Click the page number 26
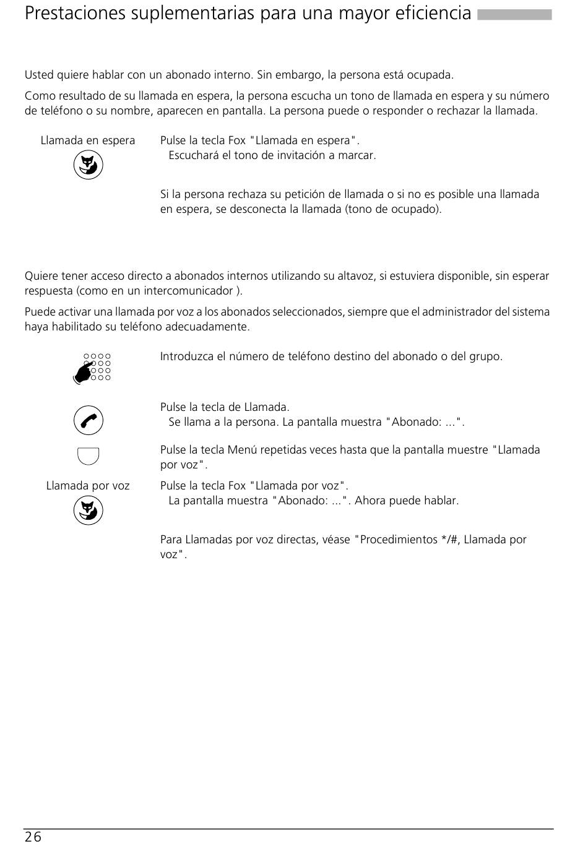(x=33, y=837)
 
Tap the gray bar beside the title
(x=514, y=15)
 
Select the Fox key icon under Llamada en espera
(x=88, y=166)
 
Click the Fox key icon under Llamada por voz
(x=88, y=511)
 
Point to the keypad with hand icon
(x=92, y=368)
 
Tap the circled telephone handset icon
(x=88, y=421)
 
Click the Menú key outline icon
(x=88, y=455)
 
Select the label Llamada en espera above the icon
(x=88, y=140)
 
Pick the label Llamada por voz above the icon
(x=88, y=486)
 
